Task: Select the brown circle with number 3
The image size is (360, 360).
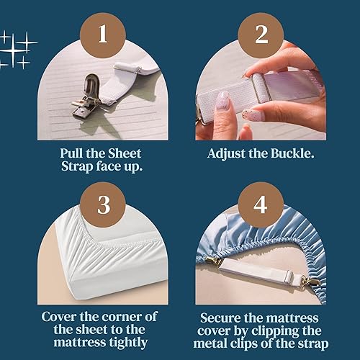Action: (102, 203)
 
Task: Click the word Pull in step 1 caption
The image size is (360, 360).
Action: (73, 154)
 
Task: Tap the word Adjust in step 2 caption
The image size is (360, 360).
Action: (227, 154)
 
